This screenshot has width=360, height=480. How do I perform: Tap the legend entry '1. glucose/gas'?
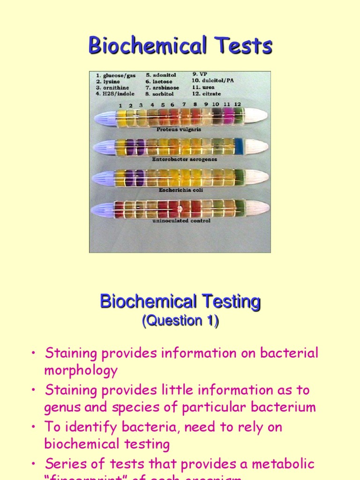click(115, 75)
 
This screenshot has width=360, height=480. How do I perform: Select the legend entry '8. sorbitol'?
click(162, 94)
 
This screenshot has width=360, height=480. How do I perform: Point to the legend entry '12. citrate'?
click(207, 94)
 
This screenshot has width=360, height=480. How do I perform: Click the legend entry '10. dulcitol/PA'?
click(213, 81)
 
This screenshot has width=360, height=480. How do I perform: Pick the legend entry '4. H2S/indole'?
click(115, 94)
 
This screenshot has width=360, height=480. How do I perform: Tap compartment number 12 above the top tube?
click(238, 104)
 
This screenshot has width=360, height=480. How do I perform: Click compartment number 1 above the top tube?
click(120, 105)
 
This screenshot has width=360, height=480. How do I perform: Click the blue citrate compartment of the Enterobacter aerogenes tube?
click(239, 146)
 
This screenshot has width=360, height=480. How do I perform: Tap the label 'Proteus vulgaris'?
click(179, 129)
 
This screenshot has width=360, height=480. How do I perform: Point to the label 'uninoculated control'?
click(181, 220)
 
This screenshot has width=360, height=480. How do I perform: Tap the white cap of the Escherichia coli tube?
click(257, 177)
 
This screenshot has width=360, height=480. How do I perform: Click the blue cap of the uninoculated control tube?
click(103, 209)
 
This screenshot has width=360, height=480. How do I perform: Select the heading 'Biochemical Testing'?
click(180, 301)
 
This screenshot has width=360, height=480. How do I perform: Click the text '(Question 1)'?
click(180, 321)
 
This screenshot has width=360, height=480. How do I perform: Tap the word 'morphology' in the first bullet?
click(81, 370)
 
